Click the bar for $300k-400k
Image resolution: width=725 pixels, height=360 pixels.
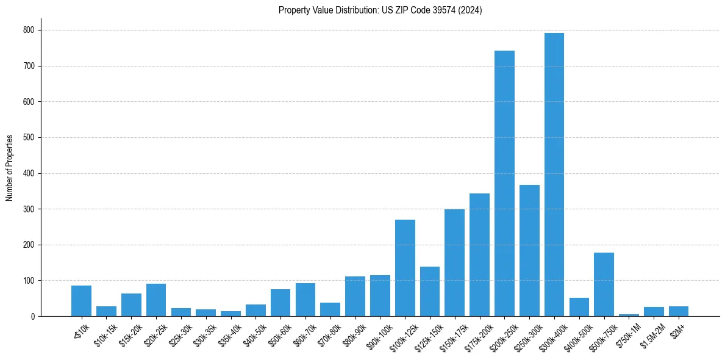pyautogui.click(x=554, y=175)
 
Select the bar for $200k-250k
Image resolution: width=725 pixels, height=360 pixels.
pyautogui.click(x=504, y=183)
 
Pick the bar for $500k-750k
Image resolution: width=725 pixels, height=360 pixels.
pyautogui.click(x=604, y=284)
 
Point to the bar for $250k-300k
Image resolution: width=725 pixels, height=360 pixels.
pyautogui.click(x=529, y=250)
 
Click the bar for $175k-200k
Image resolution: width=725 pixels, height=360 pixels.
pyautogui.click(x=479, y=254)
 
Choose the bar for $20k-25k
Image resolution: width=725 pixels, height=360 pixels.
pyautogui.click(x=155, y=300)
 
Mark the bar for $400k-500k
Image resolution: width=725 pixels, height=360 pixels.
pyautogui.click(x=579, y=307)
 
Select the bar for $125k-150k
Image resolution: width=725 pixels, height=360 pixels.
pyautogui.click(x=429, y=292)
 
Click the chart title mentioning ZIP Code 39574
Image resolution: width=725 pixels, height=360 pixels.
pyautogui.click(x=380, y=10)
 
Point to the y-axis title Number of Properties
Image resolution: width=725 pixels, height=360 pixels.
pyautogui.click(x=10, y=168)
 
